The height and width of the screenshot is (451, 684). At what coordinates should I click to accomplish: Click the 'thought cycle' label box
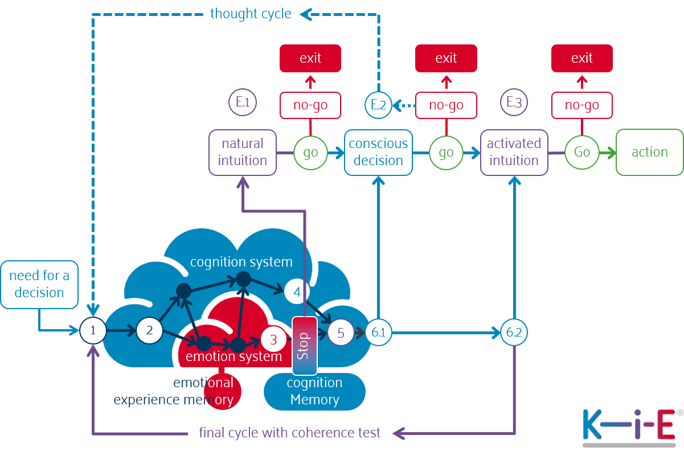[251, 14]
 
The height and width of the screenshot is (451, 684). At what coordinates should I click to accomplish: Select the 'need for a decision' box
[39, 284]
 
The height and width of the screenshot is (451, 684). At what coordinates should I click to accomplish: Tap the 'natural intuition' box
[243, 152]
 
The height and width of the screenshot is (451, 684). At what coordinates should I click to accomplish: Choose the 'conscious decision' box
[378, 152]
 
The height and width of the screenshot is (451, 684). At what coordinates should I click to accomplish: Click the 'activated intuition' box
[514, 152]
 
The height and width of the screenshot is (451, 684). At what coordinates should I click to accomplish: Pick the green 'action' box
[649, 152]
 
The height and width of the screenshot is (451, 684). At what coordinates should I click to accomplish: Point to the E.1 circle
[243, 102]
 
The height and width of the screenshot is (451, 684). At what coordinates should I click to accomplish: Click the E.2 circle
[378, 105]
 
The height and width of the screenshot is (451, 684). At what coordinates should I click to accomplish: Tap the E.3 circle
[514, 102]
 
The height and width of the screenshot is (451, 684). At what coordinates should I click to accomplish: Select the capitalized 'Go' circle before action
[582, 153]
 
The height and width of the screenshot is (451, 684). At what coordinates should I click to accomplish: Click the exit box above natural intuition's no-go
[310, 58]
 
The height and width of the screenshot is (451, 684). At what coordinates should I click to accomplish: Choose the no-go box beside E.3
[582, 105]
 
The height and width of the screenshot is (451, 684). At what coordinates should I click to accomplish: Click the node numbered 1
[93, 330]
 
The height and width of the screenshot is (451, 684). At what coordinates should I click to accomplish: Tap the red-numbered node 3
[273, 341]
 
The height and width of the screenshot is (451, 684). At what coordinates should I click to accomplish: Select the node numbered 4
[297, 292]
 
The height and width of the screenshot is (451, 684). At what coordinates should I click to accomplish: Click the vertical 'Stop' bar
[304, 345]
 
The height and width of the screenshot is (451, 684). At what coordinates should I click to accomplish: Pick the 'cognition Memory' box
[314, 391]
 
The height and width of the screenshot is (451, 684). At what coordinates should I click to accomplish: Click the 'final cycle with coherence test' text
[290, 433]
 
